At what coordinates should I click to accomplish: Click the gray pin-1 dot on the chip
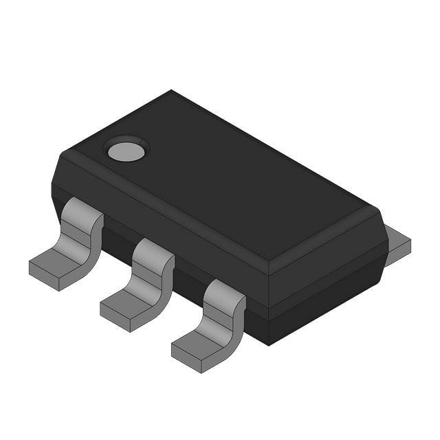coord(126,150)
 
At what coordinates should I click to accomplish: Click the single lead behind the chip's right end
coord(397,243)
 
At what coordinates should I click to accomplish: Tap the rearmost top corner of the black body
coord(171,91)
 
